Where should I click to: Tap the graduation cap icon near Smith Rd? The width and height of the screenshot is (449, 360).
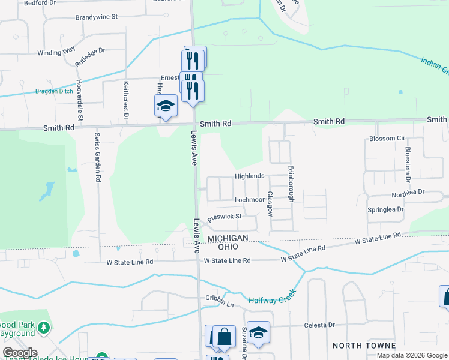(166, 106)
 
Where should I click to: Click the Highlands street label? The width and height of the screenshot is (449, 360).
(249, 176)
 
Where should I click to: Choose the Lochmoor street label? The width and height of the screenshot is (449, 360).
(250, 200)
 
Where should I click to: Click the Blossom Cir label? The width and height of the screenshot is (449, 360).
(387, 139)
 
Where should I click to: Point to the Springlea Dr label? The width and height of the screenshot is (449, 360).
(385, 209)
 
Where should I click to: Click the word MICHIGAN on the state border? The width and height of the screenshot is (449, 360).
(228, 238)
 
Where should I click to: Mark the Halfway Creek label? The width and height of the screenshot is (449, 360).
(273, 300)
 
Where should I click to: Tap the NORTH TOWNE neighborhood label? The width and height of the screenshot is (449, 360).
(364, 346)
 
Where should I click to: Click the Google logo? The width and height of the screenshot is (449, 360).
(20, 353)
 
